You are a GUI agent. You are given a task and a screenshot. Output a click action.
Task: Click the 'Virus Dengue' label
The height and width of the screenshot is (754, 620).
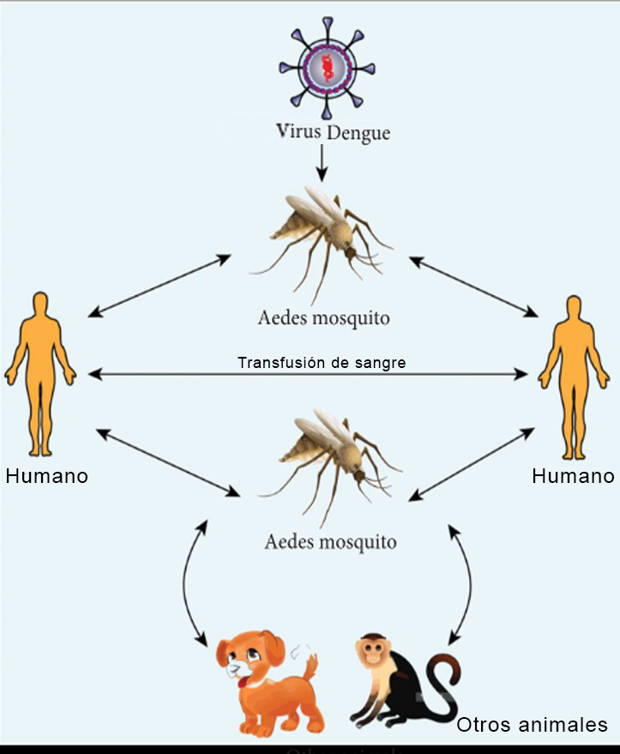(332, 133)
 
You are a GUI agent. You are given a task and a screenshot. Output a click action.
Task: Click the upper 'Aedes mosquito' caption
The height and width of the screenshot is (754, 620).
(324, 318)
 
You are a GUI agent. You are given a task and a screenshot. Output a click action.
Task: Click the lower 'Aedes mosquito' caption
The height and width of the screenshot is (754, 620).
(331, 542)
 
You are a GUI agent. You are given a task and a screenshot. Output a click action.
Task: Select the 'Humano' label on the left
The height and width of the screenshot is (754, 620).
(47, 476)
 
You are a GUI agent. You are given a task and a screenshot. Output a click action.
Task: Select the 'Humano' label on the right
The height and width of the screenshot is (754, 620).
(573, 476)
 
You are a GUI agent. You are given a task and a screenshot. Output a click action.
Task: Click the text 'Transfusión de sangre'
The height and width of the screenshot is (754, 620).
(322, 363)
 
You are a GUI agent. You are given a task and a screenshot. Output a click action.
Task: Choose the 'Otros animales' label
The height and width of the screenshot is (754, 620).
(532, 725)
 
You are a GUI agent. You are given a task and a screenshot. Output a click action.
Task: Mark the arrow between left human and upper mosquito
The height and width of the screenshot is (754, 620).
(160, 285)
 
